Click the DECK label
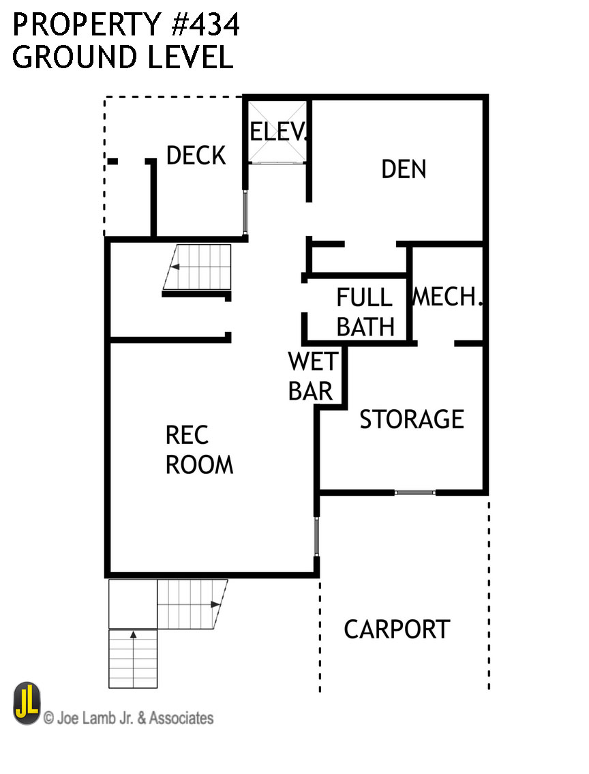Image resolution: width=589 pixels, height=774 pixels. click(x=196, y=155)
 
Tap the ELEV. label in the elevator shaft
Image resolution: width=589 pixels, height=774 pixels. click(x=278, y=131)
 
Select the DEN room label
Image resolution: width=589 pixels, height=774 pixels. click(x=404, y=169)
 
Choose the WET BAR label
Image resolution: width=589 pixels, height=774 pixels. click(x=310, y=376)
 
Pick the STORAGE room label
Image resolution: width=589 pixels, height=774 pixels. click(x=412, y=419)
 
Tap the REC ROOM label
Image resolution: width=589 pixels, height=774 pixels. click(x=199, y=450)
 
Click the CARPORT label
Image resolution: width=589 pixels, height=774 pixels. click(x=396, y=629)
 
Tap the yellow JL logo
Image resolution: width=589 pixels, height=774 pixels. click(x=27, y=704)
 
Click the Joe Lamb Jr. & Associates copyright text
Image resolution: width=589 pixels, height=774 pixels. click(x=128, y=717)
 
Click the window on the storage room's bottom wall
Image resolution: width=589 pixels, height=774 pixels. click(x=414, y=492)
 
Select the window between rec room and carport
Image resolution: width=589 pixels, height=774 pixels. click(x=317, y=536)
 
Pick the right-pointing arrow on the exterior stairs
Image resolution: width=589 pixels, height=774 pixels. click(x=215, y=604)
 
